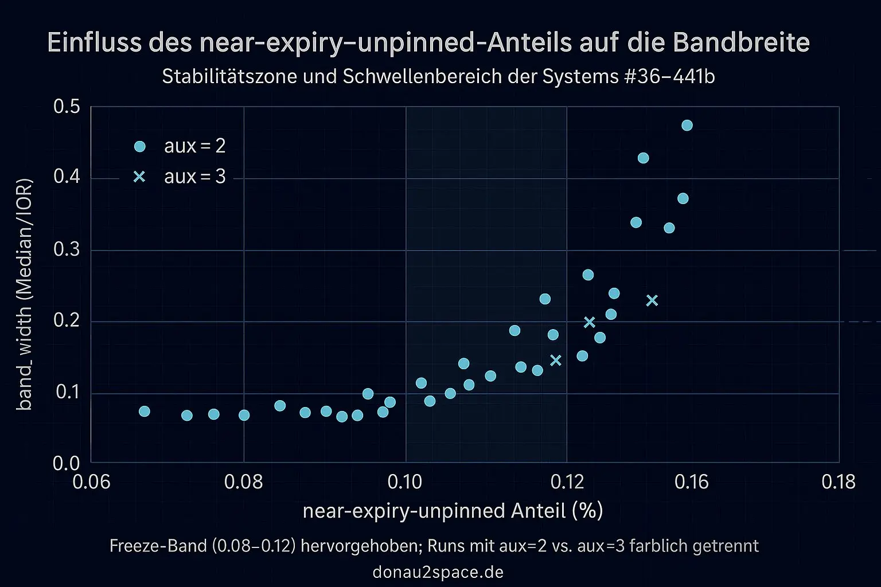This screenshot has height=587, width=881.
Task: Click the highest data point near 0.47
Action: (687, 126)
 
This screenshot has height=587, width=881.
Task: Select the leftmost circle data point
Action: (145, 412)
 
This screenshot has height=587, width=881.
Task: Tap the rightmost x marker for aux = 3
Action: (652, 300)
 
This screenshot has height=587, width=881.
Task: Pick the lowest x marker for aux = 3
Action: (555, 360)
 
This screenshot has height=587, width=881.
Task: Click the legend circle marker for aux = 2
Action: (139, 146)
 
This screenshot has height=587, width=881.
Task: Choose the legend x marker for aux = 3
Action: (139, 177)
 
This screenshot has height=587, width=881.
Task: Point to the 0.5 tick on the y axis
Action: (67, 107)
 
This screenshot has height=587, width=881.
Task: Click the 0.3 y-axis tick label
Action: (67, 250)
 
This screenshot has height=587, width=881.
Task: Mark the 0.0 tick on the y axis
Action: (67, 463)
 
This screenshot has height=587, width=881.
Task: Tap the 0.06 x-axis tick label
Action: (91, 482)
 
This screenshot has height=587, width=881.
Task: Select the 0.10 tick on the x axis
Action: (405, 482)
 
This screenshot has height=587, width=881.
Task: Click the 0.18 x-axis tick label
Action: (839, 482)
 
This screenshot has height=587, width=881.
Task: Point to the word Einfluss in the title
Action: (92, 43)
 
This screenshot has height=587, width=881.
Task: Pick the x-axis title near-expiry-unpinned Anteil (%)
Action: (453, 510)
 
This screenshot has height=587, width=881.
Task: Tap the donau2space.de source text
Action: (438, 572)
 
